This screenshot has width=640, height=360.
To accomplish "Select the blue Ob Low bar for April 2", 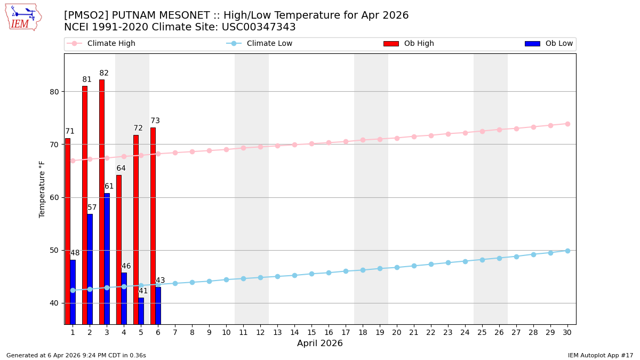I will click(90, 269).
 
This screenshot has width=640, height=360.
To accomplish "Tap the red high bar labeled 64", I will click(119, 249).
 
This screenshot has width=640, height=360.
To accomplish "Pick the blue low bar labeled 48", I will click(73, 292).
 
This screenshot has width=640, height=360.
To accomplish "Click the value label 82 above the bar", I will click(104, 74).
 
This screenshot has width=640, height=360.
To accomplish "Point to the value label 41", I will click(143, 291).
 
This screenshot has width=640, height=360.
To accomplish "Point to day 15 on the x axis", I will click(311, 332).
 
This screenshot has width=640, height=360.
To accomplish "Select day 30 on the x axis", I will click(567, 332).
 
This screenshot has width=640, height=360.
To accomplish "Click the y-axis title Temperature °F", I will click(43, 189).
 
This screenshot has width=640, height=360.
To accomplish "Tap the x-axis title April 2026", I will click(320, 344).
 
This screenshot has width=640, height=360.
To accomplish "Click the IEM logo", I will click(23, 17).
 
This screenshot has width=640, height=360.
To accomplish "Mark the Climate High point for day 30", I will click(567, 124).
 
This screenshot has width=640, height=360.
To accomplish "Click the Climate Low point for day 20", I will click(397, 267).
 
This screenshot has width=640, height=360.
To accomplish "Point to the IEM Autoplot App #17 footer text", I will click(601, 356).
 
